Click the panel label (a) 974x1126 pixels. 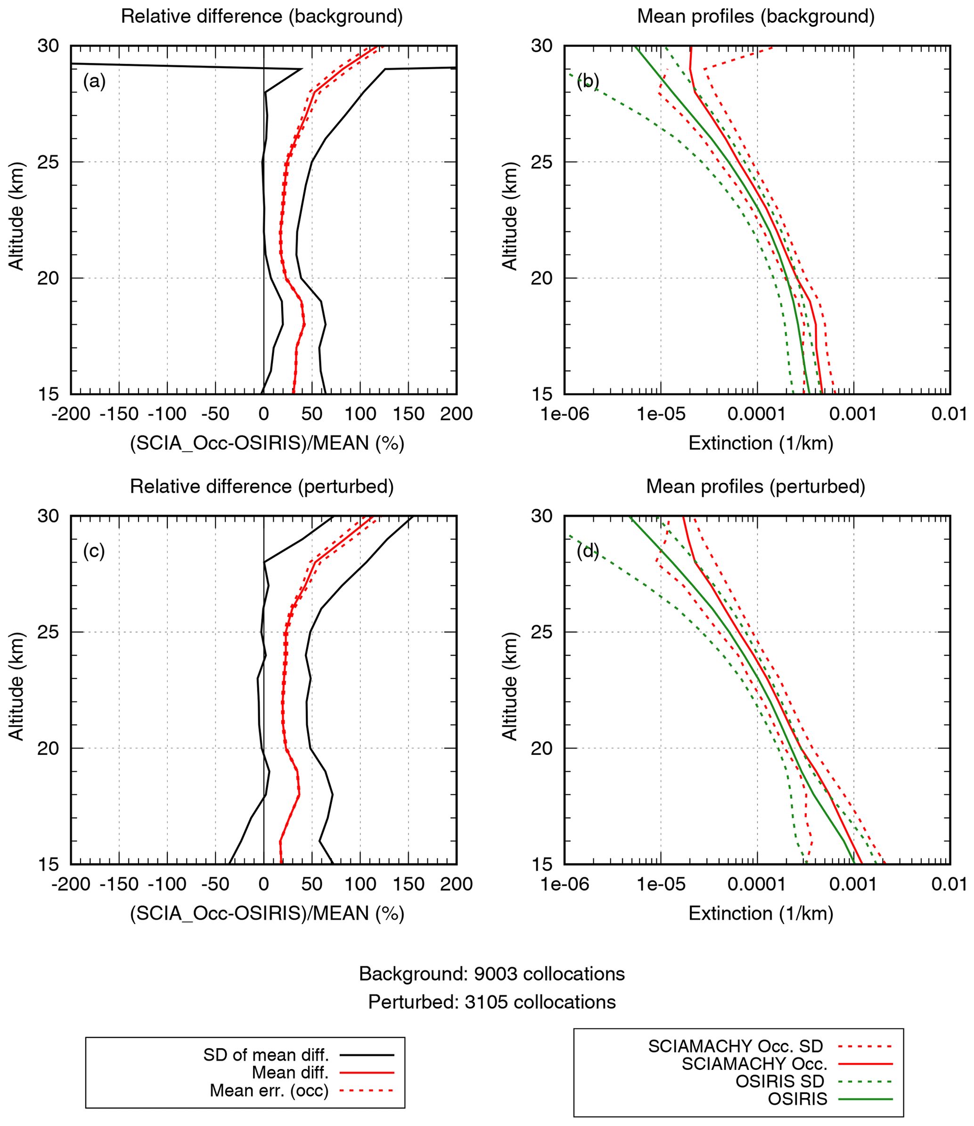(x=94, y=82)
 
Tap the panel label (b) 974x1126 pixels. (x=588, y=82)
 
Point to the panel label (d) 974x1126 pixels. (x=588, y=551)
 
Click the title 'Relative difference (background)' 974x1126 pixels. (x=262, y=16)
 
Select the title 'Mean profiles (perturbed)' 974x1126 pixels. (x=755, y=486)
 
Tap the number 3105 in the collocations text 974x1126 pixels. (x=485, y=1002)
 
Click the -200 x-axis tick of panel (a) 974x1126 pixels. (x=71, y=414)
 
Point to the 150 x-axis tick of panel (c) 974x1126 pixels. (x=408, y=884)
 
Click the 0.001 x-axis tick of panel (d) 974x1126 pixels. (x=853, y=884)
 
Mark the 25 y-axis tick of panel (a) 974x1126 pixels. (x=48, y=162)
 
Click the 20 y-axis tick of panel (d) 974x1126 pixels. (x=541, y=748)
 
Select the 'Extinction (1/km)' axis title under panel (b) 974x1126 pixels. (x=761, y=443)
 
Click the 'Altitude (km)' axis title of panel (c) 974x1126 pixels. (x=16, y=686)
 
